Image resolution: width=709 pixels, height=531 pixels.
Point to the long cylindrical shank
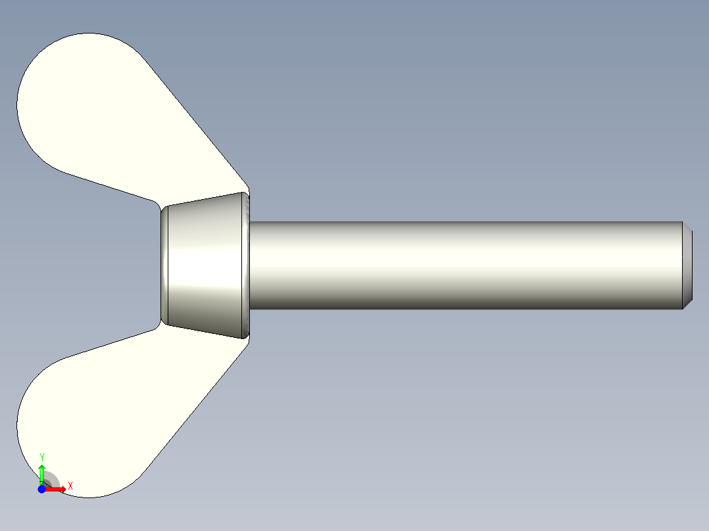coord(460,265)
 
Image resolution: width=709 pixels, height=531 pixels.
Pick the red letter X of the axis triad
coord(70,486)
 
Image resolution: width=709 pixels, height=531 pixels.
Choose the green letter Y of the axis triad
coord(42,456)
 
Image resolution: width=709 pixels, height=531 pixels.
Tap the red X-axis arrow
coord(57,489)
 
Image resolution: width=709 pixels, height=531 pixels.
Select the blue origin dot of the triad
coord(41,490)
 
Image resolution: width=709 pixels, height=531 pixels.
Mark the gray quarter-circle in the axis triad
coord(51,480)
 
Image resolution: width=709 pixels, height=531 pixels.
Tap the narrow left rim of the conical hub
coord(164,266)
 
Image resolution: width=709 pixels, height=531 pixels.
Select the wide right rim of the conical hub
coord(246,266)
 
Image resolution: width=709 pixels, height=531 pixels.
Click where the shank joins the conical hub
coord(251,265)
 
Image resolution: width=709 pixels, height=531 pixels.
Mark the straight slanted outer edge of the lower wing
coord(197,407)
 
